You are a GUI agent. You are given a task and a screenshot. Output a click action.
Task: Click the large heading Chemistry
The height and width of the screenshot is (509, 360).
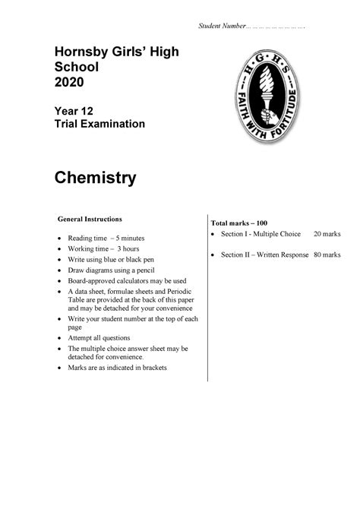coord(95,178)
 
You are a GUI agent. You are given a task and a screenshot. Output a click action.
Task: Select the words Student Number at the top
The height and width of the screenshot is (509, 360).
coord(221,27)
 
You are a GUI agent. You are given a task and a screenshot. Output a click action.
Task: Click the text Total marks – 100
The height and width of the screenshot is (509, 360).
coord(239,222)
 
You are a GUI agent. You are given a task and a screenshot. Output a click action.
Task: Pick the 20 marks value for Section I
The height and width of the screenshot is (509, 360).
coord(327,234)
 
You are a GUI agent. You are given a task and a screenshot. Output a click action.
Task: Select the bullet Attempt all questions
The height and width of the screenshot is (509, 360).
coord(99,338)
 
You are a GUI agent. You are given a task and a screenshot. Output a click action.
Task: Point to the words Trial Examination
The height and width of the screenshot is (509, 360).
coord(99,125)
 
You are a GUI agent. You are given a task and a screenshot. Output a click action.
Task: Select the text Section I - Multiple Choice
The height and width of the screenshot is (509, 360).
coord(261,234)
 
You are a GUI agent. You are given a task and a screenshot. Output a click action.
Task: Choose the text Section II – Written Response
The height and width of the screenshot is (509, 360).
coord(264,254)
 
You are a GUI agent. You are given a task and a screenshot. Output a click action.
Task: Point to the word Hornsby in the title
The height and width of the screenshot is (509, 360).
coord(80,51)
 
